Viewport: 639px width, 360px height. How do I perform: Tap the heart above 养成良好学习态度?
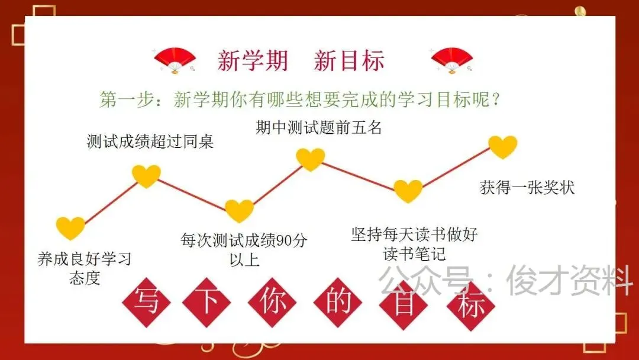[x=71, y=228]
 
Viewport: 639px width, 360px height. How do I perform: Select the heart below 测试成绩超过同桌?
[x=146, y=176]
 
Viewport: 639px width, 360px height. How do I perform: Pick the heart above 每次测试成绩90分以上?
[x=240, y=211]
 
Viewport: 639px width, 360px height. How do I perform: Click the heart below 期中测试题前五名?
[x=311, y=159]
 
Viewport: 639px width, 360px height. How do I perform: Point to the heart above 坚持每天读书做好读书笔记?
[x=408, y=191]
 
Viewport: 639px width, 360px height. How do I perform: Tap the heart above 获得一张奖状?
[x=503, y=147]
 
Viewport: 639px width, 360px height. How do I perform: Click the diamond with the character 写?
[x=146, y=303]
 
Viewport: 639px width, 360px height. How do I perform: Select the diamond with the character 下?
[x=207, y=303]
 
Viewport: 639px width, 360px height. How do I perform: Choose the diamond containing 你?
[x=273, y=303]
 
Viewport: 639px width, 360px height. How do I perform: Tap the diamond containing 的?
[x=339, y=303]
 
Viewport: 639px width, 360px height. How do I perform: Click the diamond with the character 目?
[x=405, y=303]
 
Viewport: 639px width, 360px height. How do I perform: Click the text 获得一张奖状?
[x=527, y=188]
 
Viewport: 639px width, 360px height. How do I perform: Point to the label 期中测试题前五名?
[x=318, y=128]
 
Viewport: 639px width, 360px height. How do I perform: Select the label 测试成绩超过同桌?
[x=150, y=142]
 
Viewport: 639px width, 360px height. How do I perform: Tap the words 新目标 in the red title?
[x=349, y=61]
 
